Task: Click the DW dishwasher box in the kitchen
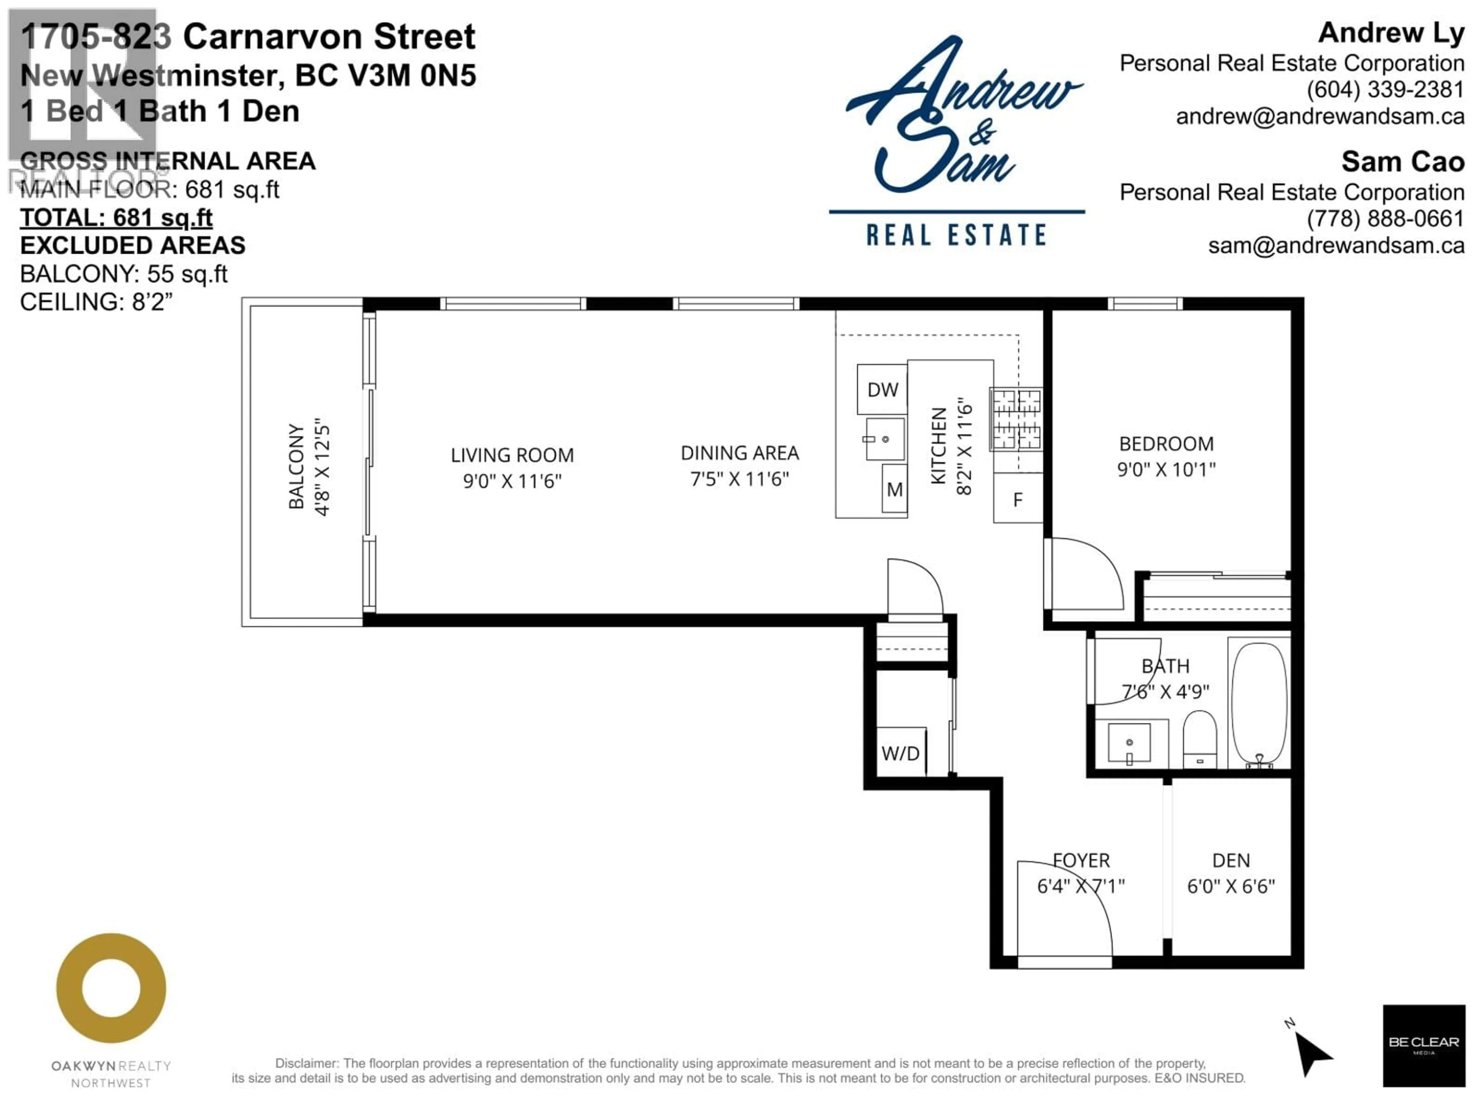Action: [x=882, y=389]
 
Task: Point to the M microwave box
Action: [x=895, y=490]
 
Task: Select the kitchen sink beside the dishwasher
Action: [x=885, y=439]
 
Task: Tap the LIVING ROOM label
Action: [x=512, y=455]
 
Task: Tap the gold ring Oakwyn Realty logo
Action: [x=111, y=988]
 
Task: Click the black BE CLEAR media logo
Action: [x=1424, y=1045]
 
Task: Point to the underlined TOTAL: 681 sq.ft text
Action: [x=116, y=218]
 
